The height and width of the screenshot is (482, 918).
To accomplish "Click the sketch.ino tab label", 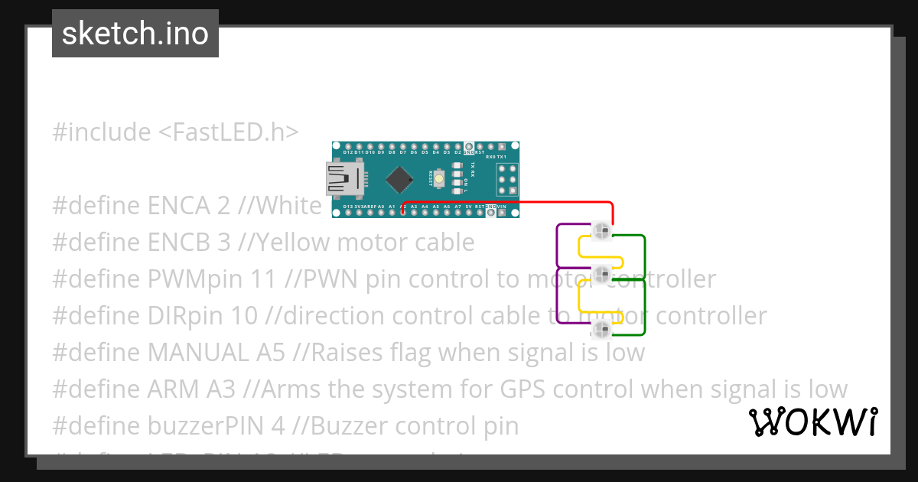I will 135,34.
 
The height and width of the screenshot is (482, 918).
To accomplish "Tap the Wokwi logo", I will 813,422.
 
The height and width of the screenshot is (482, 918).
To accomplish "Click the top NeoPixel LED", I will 601,229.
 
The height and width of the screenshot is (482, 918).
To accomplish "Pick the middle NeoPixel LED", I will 601,272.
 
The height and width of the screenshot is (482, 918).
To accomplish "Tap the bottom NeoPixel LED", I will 601,329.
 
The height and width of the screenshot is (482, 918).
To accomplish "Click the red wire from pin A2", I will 520,203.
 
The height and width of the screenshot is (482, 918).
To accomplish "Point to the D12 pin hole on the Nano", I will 349,145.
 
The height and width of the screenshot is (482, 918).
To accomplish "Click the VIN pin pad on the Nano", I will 502,213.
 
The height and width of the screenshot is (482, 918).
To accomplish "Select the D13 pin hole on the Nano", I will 349,213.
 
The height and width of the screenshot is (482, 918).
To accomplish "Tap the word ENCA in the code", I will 177,206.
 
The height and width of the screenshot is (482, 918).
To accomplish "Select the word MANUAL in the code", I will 197,353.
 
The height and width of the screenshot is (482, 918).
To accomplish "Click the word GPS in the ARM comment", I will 524,389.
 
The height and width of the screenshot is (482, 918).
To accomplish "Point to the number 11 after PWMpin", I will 262,279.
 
